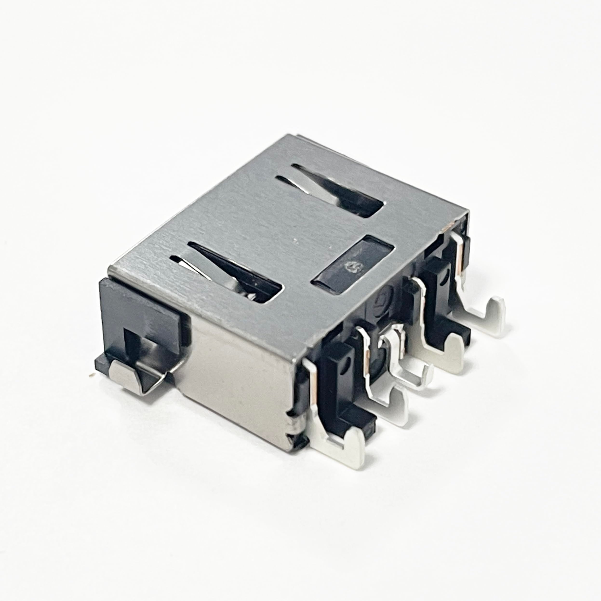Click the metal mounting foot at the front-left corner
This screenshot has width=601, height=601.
click(x=124, y=377)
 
